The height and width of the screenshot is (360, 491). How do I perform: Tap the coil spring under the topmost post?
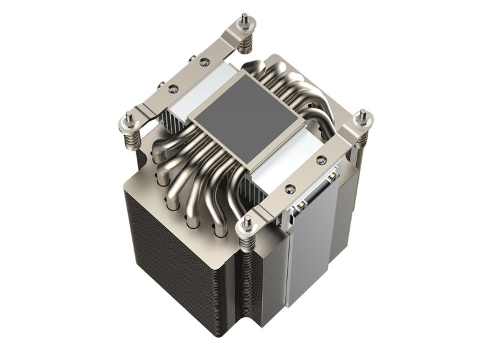click(245, 43)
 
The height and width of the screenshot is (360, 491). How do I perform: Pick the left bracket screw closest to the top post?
click(204, 63)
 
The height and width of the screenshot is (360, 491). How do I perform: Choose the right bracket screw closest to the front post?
click(290, 189)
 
